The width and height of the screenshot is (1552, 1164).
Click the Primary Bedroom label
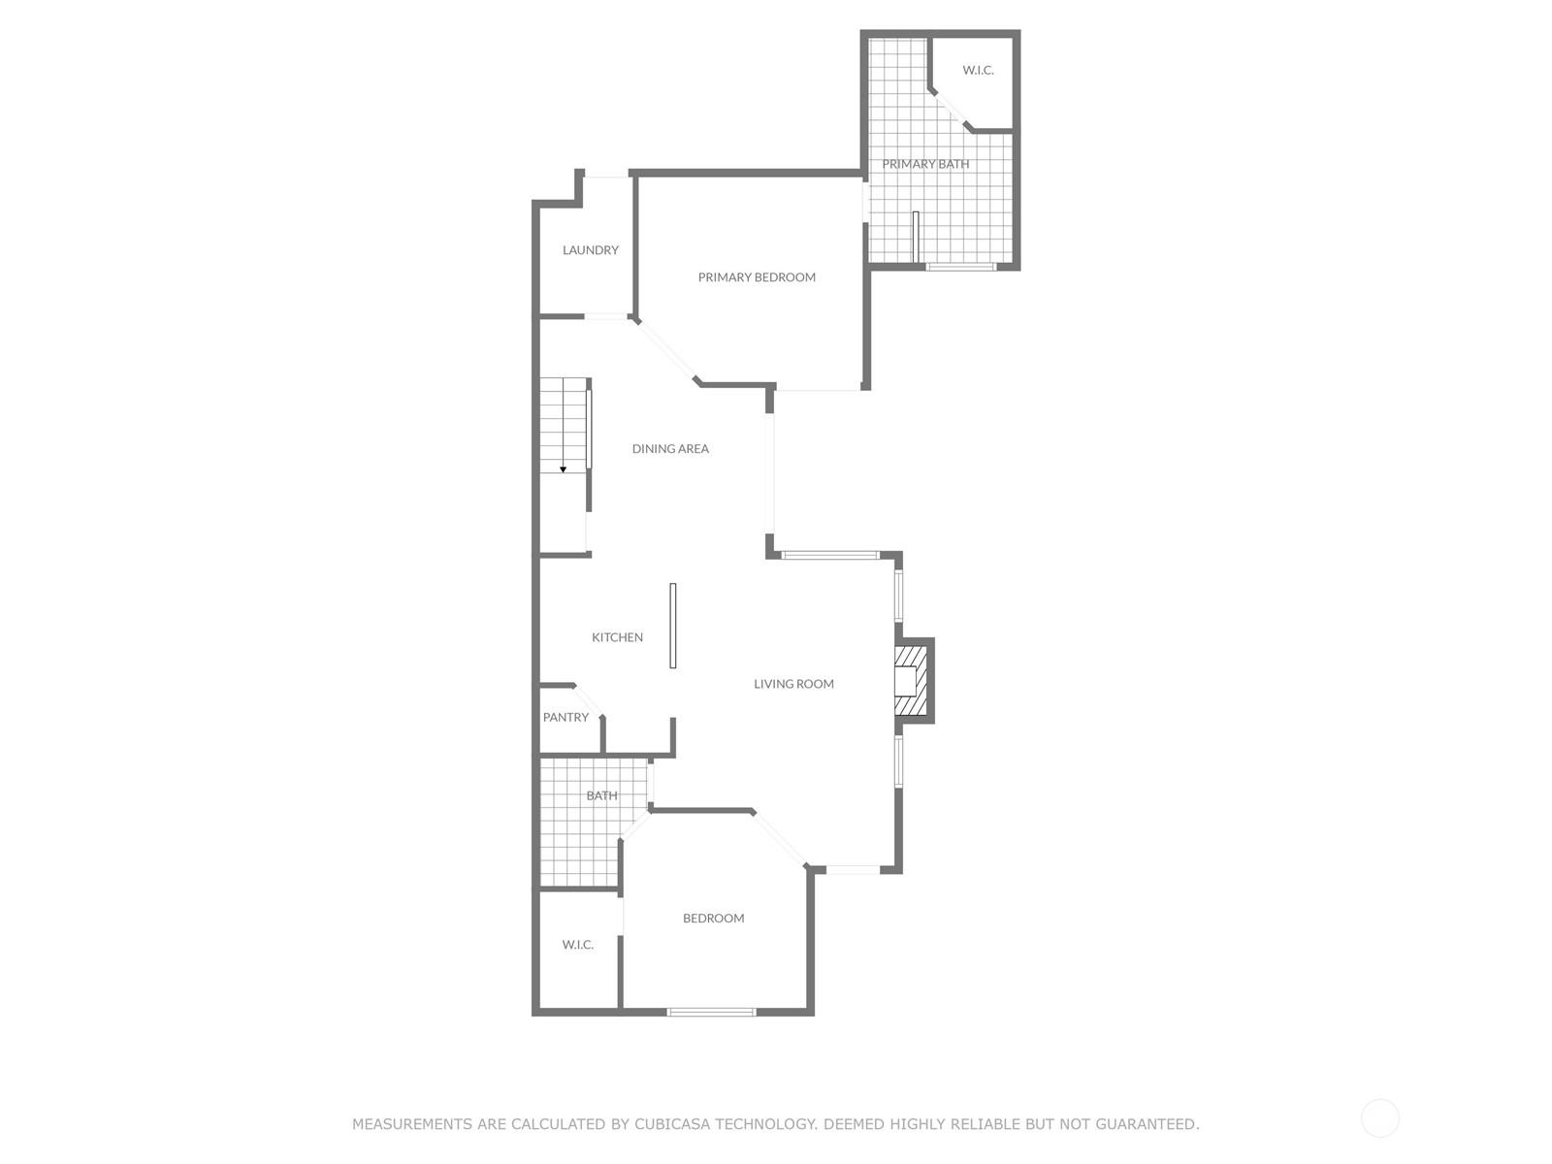pyautogui.click(x=757, y=277)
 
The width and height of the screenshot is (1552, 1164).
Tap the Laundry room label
pyautogui.click(x=591, y=249)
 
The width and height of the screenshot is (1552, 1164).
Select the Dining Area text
pyautogui.click(x=670, y=448)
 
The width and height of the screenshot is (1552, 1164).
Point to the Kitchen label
pyautogui.click(x=617, y=636)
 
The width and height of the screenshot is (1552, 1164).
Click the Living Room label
pyautogui.click(x=793, y=684)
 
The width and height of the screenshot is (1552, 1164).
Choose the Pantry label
pyautogui.click(x=566, y=717)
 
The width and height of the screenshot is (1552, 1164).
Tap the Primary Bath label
pyautogui.click(x=925, y=164)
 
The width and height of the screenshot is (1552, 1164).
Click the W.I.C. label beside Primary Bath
pyautogui.click(x=978, y=70)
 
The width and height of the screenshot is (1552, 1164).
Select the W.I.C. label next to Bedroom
pyautogui.click(x=578, y=944)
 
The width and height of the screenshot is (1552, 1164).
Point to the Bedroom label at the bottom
pyautogui.click(x=713, y=918)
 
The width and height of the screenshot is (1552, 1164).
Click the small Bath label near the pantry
pyautogui.click(x=601, y=795)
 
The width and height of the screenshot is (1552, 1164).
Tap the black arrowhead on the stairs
pyautogui.click(x=563, y=469)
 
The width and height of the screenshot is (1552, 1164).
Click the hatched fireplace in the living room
pyautogui.click(x=911, y=681)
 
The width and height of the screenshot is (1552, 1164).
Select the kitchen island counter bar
pyautogui.click(x=672, y=625)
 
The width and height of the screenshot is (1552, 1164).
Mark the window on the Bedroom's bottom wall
pyautogui.click(x=711, y=1012)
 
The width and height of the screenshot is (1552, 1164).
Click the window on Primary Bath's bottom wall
pyautogui.click(x=961, y=267)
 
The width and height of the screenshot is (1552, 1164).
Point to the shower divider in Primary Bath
pyautogui.click(x=915, y=236)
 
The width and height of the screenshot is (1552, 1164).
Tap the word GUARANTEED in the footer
pyautogui.click(x=1147, y=1123)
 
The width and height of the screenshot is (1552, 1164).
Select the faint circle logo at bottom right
pyautogui.click(x=1379, y=1118)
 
